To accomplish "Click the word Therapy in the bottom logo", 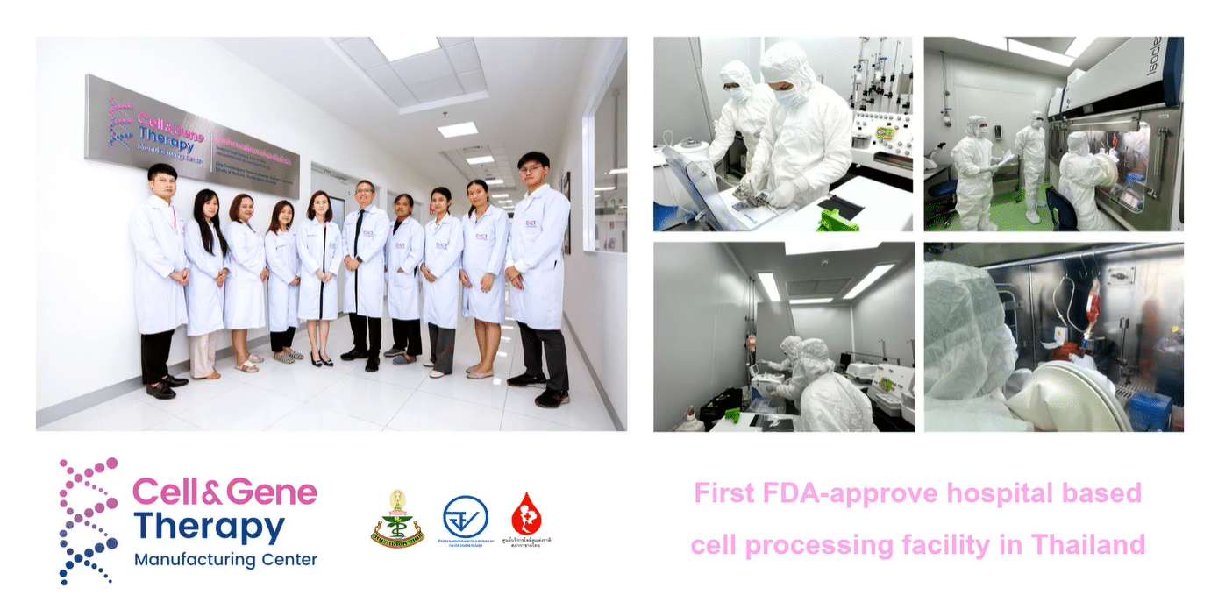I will [x=209, y=527].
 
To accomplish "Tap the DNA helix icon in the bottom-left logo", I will [x=87, y=520].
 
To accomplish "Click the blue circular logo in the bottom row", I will [x=465, y=517].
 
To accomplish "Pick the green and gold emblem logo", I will [x=398, y=518].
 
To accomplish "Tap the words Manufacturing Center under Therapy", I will [x=225, y=559].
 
